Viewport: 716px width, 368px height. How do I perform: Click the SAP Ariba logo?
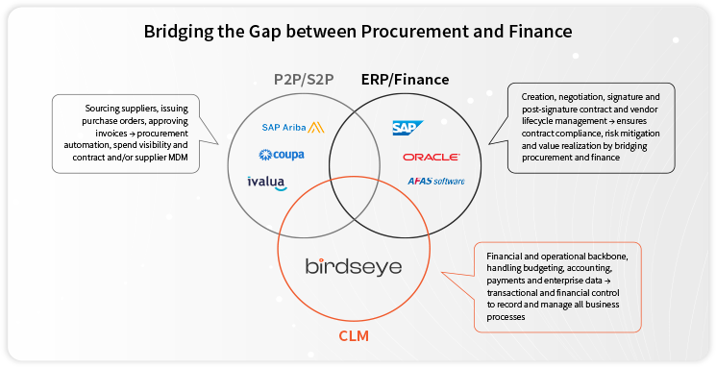[292, 127]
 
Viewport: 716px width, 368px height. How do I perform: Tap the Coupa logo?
[282, 154]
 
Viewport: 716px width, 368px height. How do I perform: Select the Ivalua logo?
[268, 182]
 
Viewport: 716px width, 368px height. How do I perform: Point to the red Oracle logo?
[432, 157]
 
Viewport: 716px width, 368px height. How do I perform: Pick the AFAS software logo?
[435, 181]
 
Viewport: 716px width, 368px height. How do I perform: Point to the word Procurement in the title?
[410, 31]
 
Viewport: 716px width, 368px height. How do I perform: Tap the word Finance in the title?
[538, 31]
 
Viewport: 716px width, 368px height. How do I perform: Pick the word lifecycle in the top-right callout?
[540, 121]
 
